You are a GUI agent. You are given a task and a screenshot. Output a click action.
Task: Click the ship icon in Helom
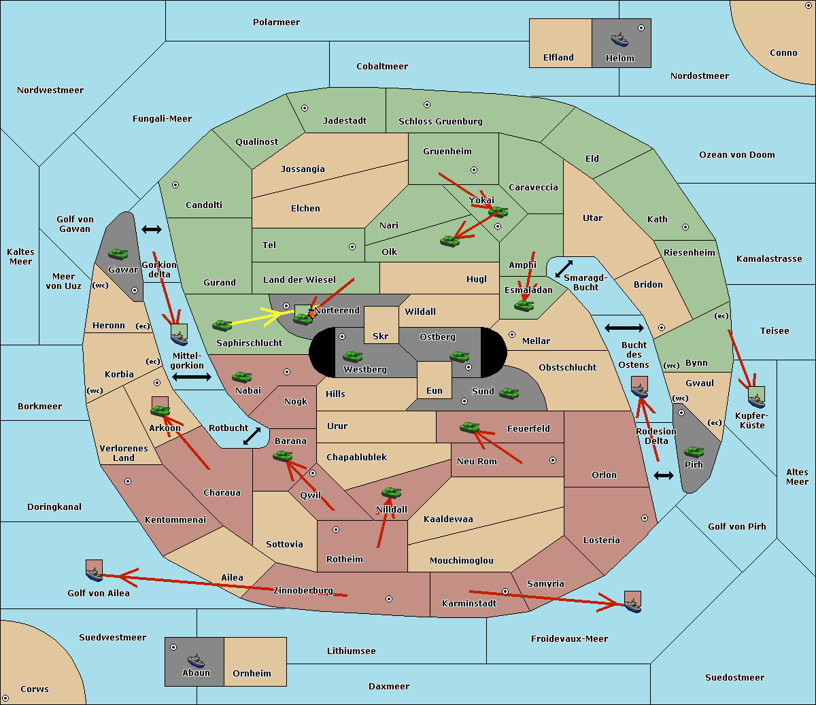619,39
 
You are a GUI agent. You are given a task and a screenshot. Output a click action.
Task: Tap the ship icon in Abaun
196,660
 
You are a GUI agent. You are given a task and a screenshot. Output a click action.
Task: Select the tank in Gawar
118,254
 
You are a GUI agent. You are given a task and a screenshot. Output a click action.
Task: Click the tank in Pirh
694,451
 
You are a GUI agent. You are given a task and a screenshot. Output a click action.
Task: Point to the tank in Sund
509,393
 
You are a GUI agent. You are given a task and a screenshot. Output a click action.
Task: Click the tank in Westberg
352,356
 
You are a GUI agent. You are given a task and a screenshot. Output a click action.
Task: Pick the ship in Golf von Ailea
95,574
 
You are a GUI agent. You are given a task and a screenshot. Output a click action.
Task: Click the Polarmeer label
276,22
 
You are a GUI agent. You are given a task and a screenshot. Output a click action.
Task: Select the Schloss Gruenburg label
441,121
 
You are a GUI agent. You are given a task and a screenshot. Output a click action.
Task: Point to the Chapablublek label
356,457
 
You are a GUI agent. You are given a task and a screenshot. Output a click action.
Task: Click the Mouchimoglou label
462,560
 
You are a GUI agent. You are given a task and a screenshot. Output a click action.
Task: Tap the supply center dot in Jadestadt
305,108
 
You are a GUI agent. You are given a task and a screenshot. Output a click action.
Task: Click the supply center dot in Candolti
175,185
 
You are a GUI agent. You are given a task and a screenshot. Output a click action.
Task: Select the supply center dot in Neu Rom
553,460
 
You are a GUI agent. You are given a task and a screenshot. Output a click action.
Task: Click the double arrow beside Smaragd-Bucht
564,269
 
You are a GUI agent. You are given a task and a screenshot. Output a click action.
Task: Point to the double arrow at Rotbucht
252,436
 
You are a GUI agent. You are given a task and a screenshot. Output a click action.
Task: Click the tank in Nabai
241,377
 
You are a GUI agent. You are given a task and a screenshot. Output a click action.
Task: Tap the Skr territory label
381,336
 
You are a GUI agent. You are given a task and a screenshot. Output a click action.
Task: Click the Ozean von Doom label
737,155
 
